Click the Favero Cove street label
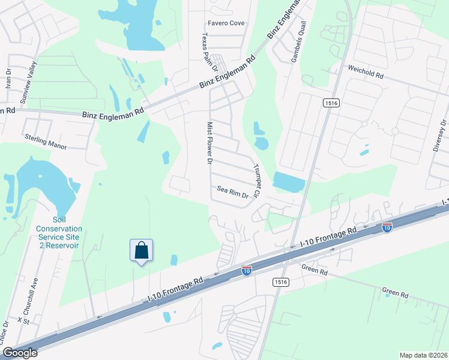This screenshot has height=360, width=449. click(x=226, y=23)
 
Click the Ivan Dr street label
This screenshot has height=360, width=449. click(x=8, y=76)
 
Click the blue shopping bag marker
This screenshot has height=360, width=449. click(x=141, y=250)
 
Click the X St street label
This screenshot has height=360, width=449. click(x=23, y=320)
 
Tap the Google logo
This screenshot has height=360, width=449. click(x=19, y=353)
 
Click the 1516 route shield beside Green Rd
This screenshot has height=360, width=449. click(x=278, y=282)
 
